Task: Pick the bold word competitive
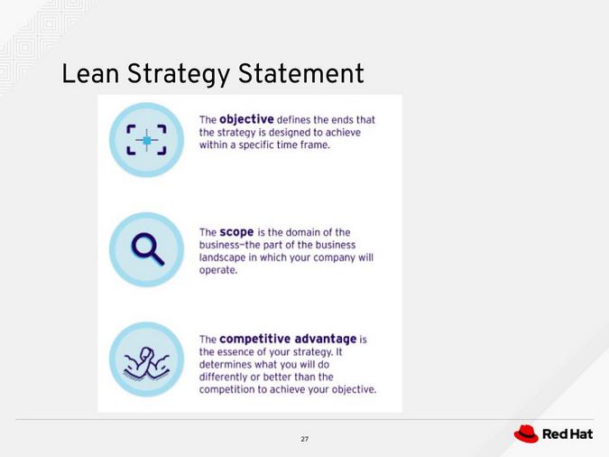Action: [262, 339]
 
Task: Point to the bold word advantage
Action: [331, 339]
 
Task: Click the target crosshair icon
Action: [146, 140]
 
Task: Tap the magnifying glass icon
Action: [146, 249]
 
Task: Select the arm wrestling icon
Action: [146, 359]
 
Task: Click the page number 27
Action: [304, 439]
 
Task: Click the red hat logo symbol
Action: [526, 434]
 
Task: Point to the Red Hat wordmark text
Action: [567, 434]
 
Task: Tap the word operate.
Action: [217, 270]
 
